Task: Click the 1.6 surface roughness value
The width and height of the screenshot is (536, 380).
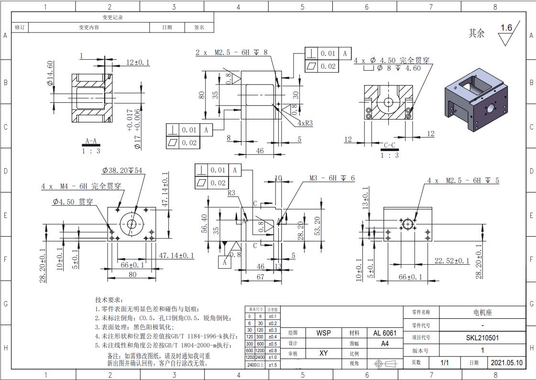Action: [506, 28]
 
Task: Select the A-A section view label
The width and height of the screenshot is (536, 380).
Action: [91, 142]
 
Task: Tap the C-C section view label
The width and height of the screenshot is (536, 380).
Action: [390, 145]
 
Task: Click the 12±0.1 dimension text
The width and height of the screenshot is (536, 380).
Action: [138, 63]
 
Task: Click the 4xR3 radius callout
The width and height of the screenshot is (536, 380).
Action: [305, 123]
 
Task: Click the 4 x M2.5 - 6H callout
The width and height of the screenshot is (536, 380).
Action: [463, 181]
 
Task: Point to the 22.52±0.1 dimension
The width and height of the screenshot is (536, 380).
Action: [452, 261]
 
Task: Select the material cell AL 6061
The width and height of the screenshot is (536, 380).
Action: [384, 333]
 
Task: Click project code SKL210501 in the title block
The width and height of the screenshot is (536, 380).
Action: [482, 338]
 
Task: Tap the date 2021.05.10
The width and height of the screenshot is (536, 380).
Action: [507, 363]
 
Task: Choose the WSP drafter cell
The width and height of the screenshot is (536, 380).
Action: [323, 333]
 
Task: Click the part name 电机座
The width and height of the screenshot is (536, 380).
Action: [482, 313]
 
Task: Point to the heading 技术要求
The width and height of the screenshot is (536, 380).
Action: [109, 299]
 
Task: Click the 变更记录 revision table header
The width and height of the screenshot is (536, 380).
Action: [112, 17]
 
